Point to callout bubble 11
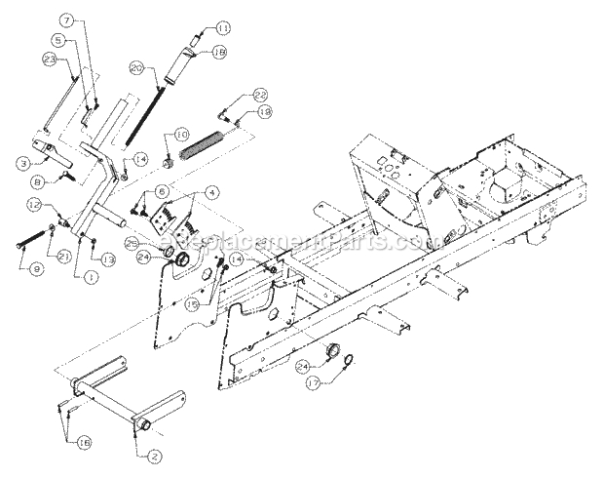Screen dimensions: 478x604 pos(223,27)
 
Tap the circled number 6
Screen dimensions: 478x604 pos(162,191)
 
